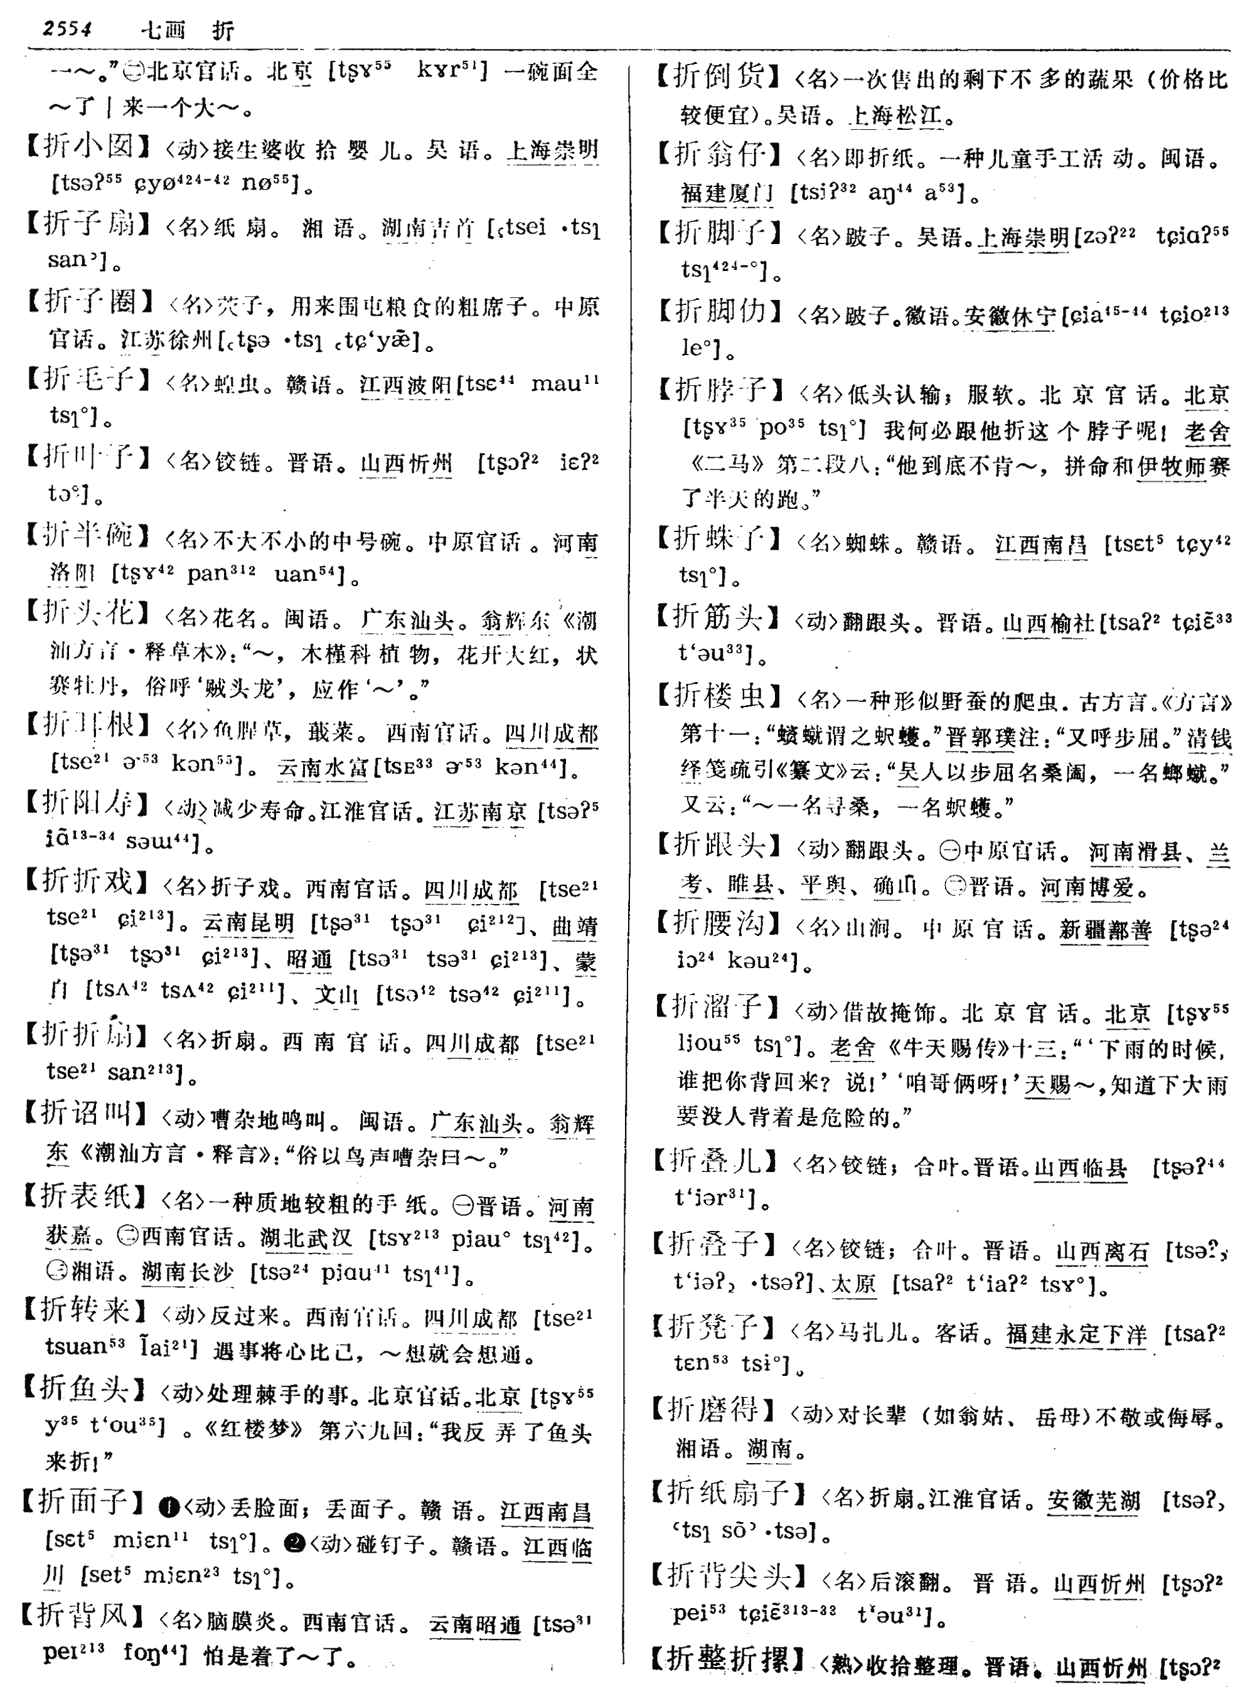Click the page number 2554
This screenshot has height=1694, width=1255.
(x=68, y=29)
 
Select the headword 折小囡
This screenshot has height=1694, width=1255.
(x=90, y=146)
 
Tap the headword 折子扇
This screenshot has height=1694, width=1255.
(x=90, y=224)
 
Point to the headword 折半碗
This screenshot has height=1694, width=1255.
(x=90, y=536)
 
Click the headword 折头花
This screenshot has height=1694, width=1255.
(x=90, y=614)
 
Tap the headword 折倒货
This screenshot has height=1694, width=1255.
(x=718, y=77)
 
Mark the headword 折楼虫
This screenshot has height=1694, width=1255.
(x=718, y=696)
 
